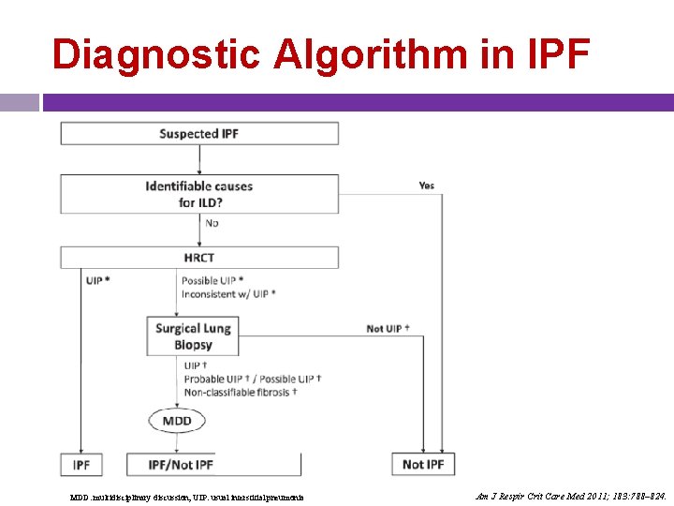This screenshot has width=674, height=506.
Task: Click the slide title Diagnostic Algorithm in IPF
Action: pyautogui.click(x=320, y=54)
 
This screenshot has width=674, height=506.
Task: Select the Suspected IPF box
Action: pyautogui.click(x=199, y=134)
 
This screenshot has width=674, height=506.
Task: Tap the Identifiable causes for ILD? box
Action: pyautogui.click(x=199, y=194)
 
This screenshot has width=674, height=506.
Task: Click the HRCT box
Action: pyautogui.click(x=199, y=258)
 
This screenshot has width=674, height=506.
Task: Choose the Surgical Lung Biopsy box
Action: pyautogui.click(x=192, y=336)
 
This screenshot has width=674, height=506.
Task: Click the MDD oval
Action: pyautogui.click(x=176, y=421)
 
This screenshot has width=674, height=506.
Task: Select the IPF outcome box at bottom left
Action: pyautogui.click(x=81, y=465)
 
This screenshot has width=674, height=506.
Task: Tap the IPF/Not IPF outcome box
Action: pyautogui.click(x=182, y=465)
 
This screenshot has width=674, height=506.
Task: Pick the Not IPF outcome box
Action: pyautogui.click(x=423, y=465)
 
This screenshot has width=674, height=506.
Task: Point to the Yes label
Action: pyautogui.click(x=426, y=186)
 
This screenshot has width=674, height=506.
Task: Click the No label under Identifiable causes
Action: pyautogui.click(x=212, y=223)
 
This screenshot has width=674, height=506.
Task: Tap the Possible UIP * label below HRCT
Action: pyautogui.click(x=213, y=280)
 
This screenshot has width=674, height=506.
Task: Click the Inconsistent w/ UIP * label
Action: pyautogui.click(x=228, y=293)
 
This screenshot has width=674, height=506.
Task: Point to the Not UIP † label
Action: pyautogui.click(x=388, y=328)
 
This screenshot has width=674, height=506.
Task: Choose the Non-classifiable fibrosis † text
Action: pyautogui.click(x=241, y=393)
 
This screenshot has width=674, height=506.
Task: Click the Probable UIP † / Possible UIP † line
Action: pyautogui.click(x=252, y=379)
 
